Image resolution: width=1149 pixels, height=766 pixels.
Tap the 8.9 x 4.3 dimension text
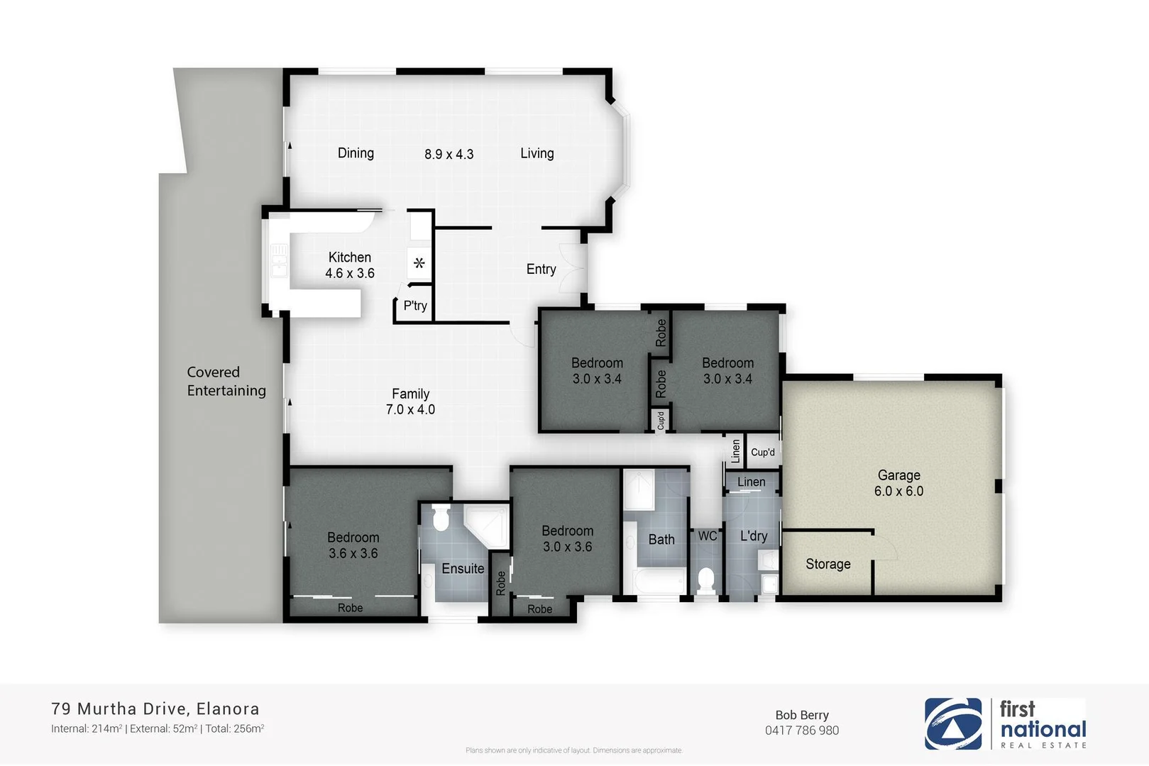click(449, 154)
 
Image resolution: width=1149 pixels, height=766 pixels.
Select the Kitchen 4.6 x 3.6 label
click(350, 265)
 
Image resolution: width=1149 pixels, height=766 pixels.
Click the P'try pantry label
click(415, 306)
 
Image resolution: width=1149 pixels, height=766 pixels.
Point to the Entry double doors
click(572, 269)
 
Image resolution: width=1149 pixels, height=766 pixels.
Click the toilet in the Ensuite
click(441, 518)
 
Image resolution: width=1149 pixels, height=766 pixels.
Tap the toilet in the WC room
click(705, 580)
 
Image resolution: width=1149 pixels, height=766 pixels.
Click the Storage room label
click(828, 564)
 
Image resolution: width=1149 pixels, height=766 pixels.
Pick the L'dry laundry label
click(753, 535)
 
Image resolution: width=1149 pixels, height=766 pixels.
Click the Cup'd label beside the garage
click(763, 452)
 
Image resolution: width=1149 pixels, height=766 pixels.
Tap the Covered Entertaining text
click(226, 382)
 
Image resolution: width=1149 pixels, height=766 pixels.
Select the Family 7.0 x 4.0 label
click(410, 401)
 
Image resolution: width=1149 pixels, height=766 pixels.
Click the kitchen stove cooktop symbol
click(279, 260)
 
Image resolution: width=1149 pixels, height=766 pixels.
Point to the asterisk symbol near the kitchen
click(419, 263)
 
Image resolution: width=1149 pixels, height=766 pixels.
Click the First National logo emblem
click(953, 723)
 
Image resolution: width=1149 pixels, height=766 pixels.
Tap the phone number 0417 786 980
click(802, 731)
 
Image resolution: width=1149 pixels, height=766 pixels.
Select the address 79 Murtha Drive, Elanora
click(155, 709)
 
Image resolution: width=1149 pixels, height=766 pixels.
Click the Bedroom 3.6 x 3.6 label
click(353, 545)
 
